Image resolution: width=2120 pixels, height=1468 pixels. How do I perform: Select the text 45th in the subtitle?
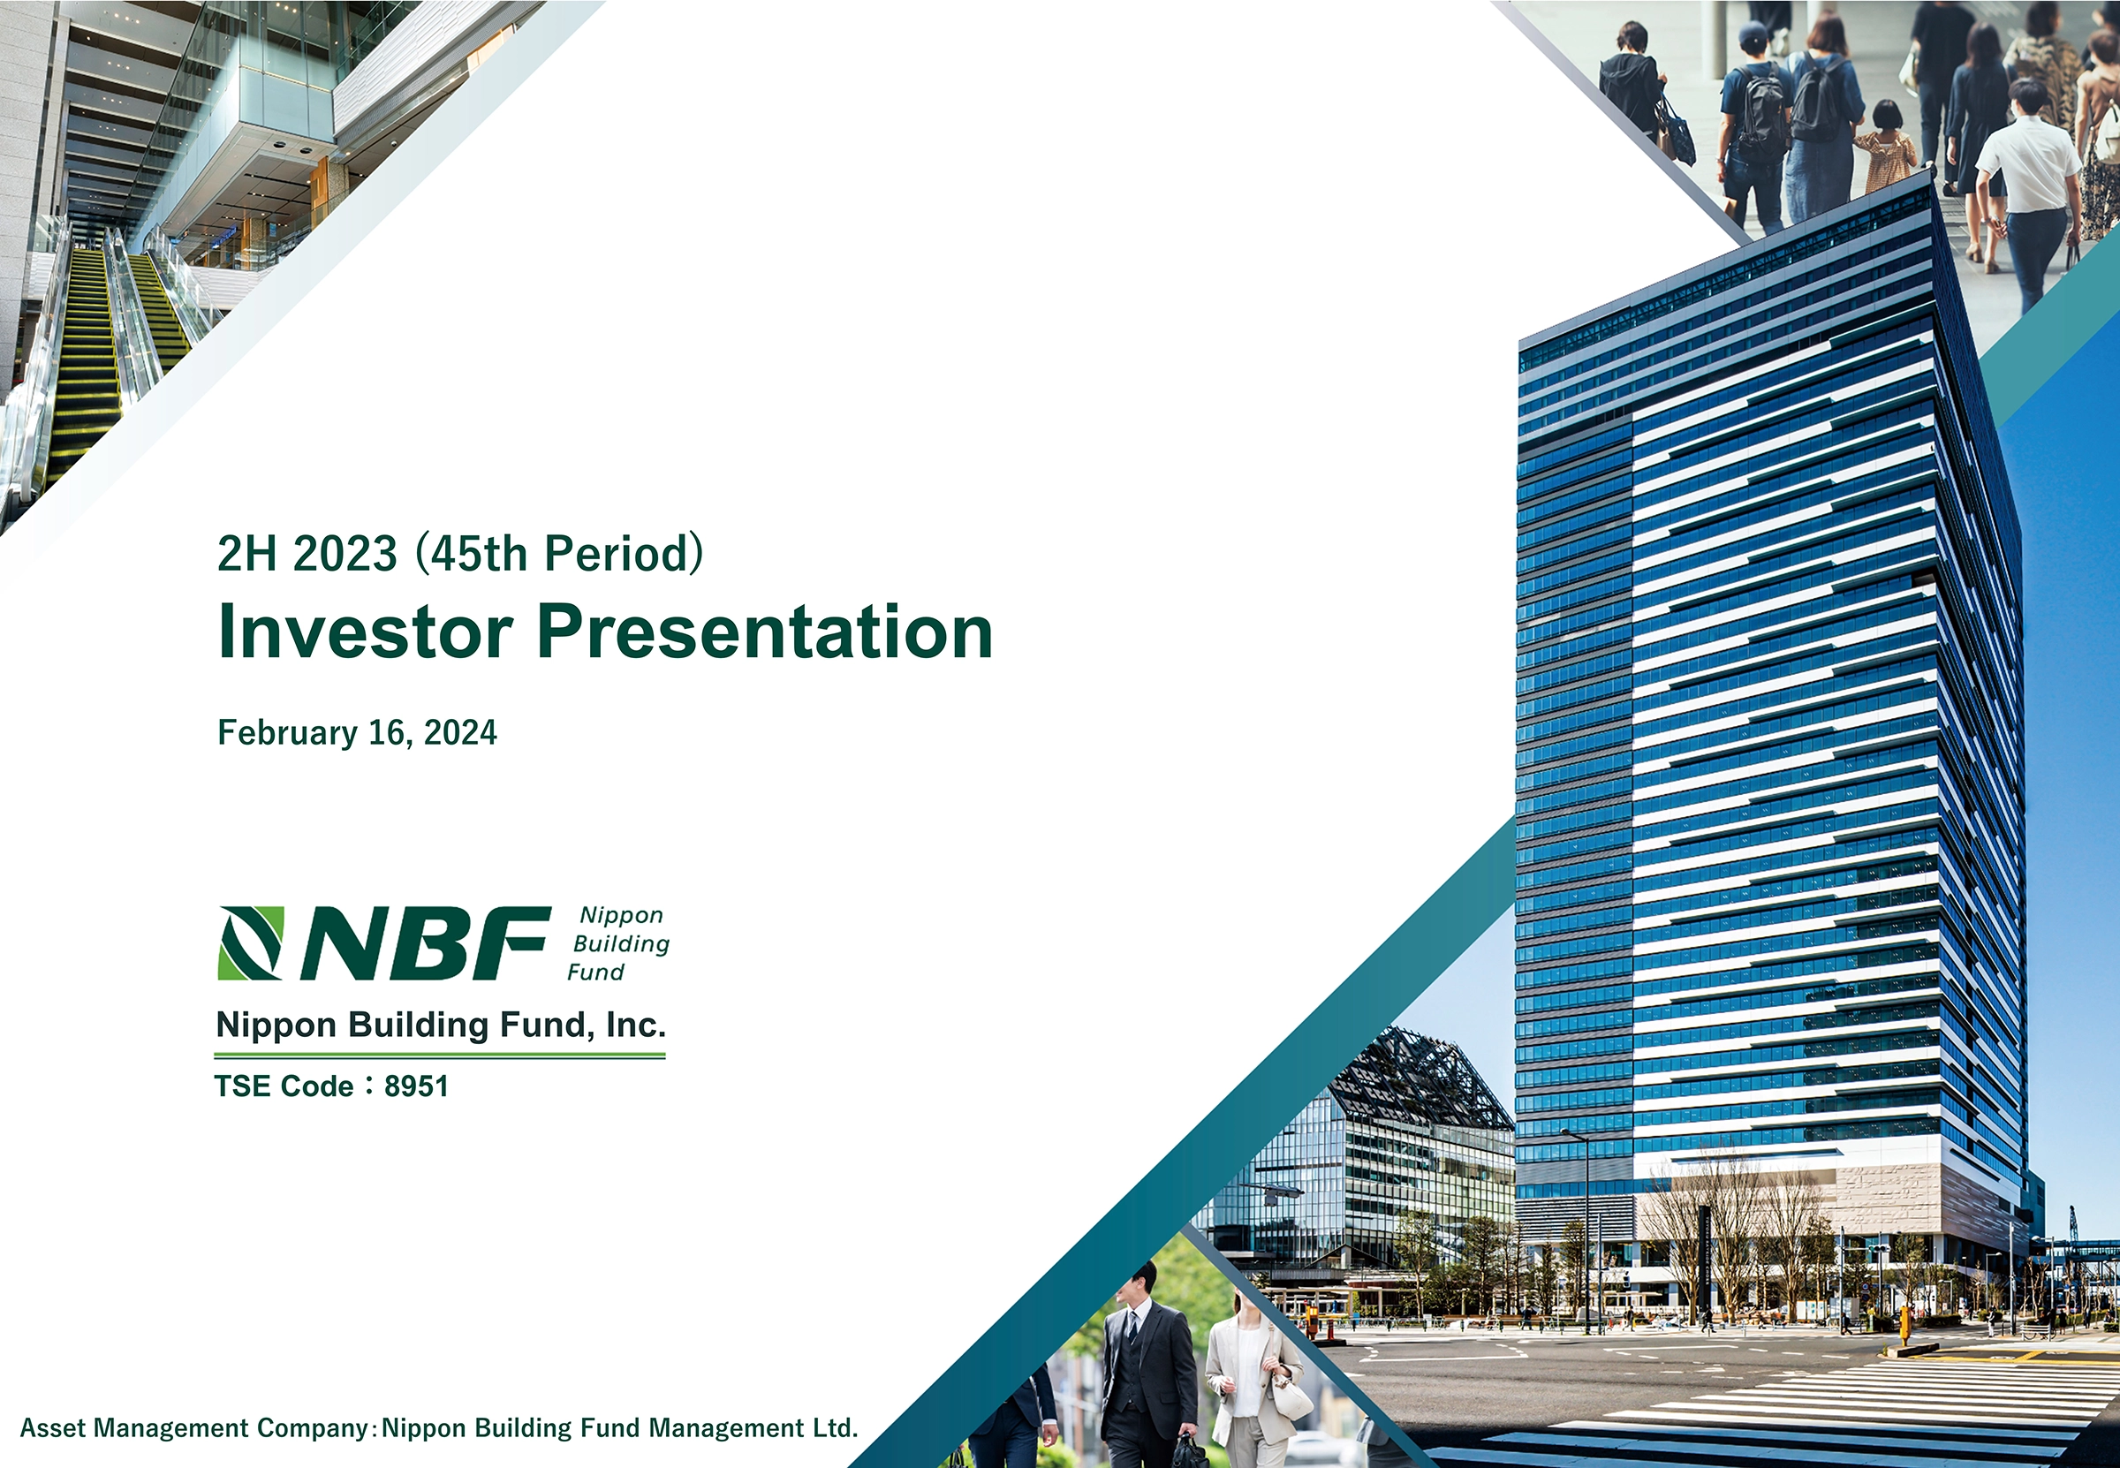point(478,554)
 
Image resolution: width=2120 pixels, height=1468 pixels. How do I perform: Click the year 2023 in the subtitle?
point(344,554)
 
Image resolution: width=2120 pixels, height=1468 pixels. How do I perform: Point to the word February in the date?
point(288,733)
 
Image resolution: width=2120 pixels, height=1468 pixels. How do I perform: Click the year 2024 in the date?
point(460,732)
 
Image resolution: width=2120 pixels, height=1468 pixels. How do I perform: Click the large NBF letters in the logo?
point(425,942)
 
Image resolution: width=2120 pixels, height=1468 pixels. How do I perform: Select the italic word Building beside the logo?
point(622,944)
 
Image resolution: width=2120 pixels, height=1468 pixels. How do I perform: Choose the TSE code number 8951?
point(416,1086)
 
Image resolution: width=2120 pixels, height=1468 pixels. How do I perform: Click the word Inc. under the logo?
point(635,1025)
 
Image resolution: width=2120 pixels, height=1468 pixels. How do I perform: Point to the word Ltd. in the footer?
point(834,1427)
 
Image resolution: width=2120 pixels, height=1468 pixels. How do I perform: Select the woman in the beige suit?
point(1251,1380)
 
